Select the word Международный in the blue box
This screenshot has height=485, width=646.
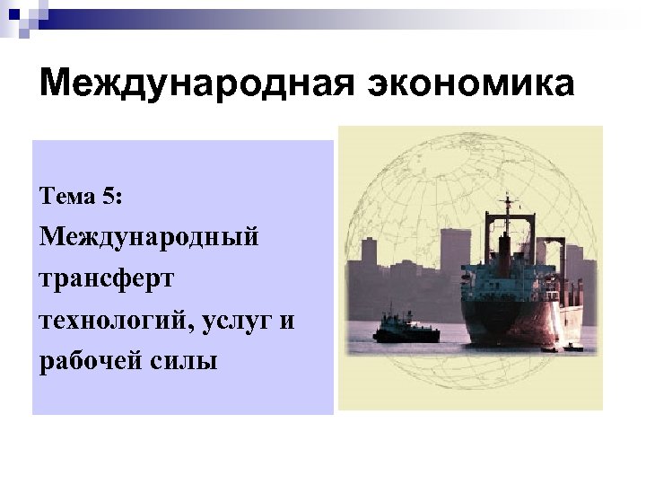point(149,238)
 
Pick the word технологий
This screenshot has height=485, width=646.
point(107,320)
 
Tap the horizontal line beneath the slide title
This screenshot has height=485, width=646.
point(323,117)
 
